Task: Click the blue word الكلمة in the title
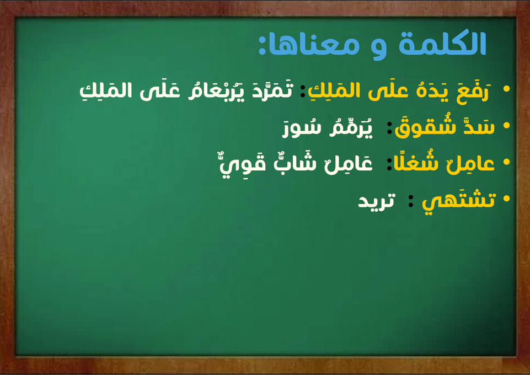442,44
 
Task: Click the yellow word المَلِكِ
334,90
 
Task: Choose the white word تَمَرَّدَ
272,90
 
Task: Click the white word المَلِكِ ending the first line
105,90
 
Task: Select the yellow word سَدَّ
479,126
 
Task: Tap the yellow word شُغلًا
416,162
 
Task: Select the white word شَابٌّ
295,162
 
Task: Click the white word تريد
377,201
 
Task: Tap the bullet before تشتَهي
506,198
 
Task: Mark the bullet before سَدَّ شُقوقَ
506,125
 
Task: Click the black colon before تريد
411,201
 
